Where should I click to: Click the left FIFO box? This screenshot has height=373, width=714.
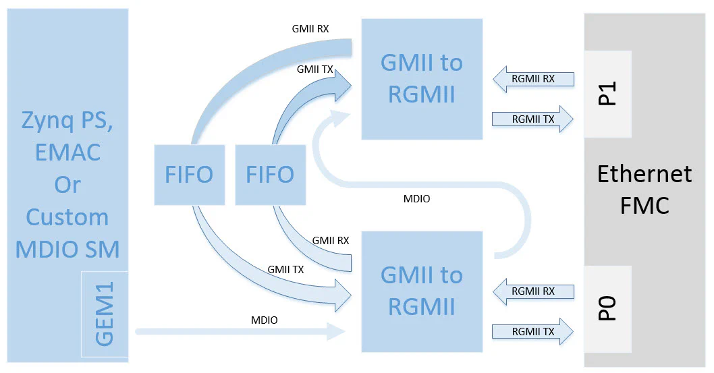click(x=189, y=174)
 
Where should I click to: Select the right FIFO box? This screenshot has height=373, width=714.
click(x=270, y=174)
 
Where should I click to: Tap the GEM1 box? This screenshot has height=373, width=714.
click(x=104, y=314)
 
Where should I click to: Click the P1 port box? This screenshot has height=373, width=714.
click(x=607, y=93)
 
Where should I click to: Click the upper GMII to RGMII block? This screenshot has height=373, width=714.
click(x=422, y=79)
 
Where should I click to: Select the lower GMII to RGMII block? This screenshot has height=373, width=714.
click(x=422, y=291)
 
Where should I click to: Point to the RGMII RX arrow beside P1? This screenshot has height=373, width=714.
click(x=533, y=79)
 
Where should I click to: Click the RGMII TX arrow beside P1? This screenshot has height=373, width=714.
click(x=533, y=119)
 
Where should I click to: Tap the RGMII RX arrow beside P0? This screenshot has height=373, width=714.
click(x=533, y=291)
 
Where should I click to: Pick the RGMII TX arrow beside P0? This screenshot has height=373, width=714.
click(x=533, y=331)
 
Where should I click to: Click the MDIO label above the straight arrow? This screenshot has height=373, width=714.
click(x=264, y=320)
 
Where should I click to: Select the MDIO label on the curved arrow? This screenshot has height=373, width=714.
click(x=416, y=199)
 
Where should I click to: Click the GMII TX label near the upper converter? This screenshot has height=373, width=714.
click(x=314, y=69)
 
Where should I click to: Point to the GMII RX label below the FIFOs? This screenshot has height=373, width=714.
click(x=331, y=240)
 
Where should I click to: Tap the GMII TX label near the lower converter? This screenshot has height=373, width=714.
click(x=285, y=269)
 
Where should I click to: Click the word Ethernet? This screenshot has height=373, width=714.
click(x=644, y=174)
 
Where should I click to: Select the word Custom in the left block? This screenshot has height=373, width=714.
click(x=67, y=217)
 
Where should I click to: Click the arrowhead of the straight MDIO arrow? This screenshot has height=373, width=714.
click(x=337, y=331)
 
